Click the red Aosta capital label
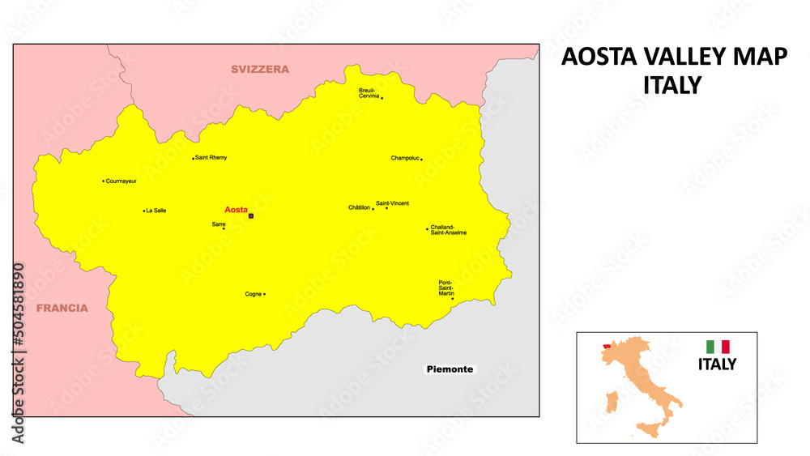(236, 210)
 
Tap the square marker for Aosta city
(251, 216)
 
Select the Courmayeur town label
(122, 181)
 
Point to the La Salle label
(156, 211)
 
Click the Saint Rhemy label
(211, 158)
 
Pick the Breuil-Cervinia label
(369, 93)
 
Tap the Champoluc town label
(405, 159)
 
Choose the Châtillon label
(360, 208)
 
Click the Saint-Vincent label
(393, 202)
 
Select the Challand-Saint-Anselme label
(449, 230)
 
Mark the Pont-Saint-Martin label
(446, 288)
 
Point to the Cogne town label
(254, 294)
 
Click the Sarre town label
(219, 224)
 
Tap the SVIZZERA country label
(259, 70)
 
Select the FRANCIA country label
(62, 308)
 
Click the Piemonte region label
(450, 369)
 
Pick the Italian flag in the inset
(718, 346)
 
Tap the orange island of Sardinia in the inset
(613, 401)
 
